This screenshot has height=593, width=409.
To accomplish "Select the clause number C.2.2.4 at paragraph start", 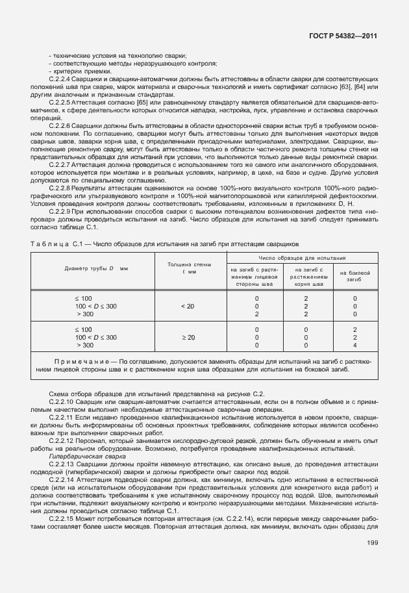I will pyautogui.click(x=60, y=79).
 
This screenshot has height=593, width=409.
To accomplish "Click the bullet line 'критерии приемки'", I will pyautogui.click(x=71, y=71).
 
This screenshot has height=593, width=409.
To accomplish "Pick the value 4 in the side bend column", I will pyautogui.click(x=355, y=346).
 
